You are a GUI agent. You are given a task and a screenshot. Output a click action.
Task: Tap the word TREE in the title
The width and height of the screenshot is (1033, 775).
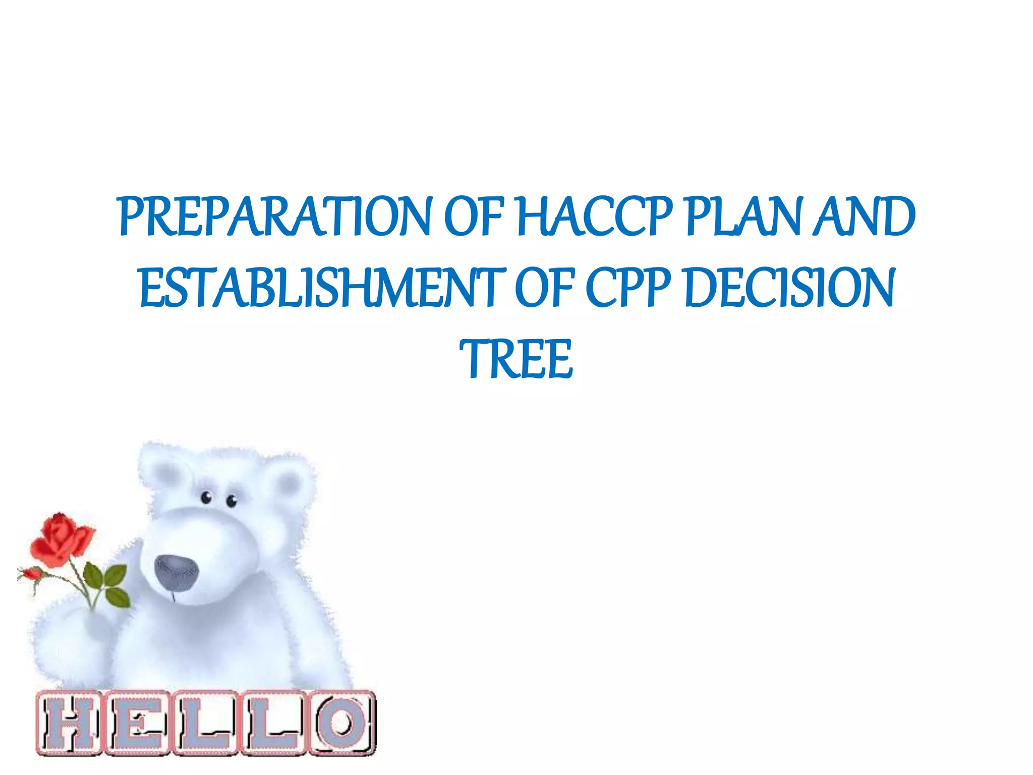pyautogui.click(x=516, y=359)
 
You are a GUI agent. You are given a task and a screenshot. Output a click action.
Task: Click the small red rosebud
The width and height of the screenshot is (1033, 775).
pyautogui.click(x=31, y=574)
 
